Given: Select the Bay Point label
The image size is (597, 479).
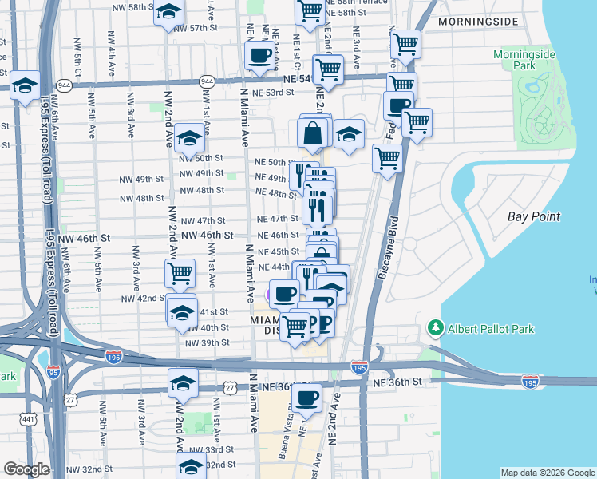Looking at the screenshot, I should [534, 216].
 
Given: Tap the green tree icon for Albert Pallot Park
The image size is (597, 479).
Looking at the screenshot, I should [435, 328].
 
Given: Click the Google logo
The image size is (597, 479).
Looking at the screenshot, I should [27, 469].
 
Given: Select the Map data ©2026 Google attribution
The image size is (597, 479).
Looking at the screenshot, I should [547, 473].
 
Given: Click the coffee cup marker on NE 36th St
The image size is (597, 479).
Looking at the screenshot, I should [307, 397].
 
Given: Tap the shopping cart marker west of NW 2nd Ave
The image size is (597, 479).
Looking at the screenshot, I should [180, 273].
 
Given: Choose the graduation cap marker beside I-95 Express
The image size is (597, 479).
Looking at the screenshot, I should [25, 85].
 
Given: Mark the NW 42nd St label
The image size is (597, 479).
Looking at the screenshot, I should [142, 298].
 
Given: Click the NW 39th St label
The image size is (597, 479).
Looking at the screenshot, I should [207, 342].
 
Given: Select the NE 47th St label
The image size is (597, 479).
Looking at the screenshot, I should [277, 219].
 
